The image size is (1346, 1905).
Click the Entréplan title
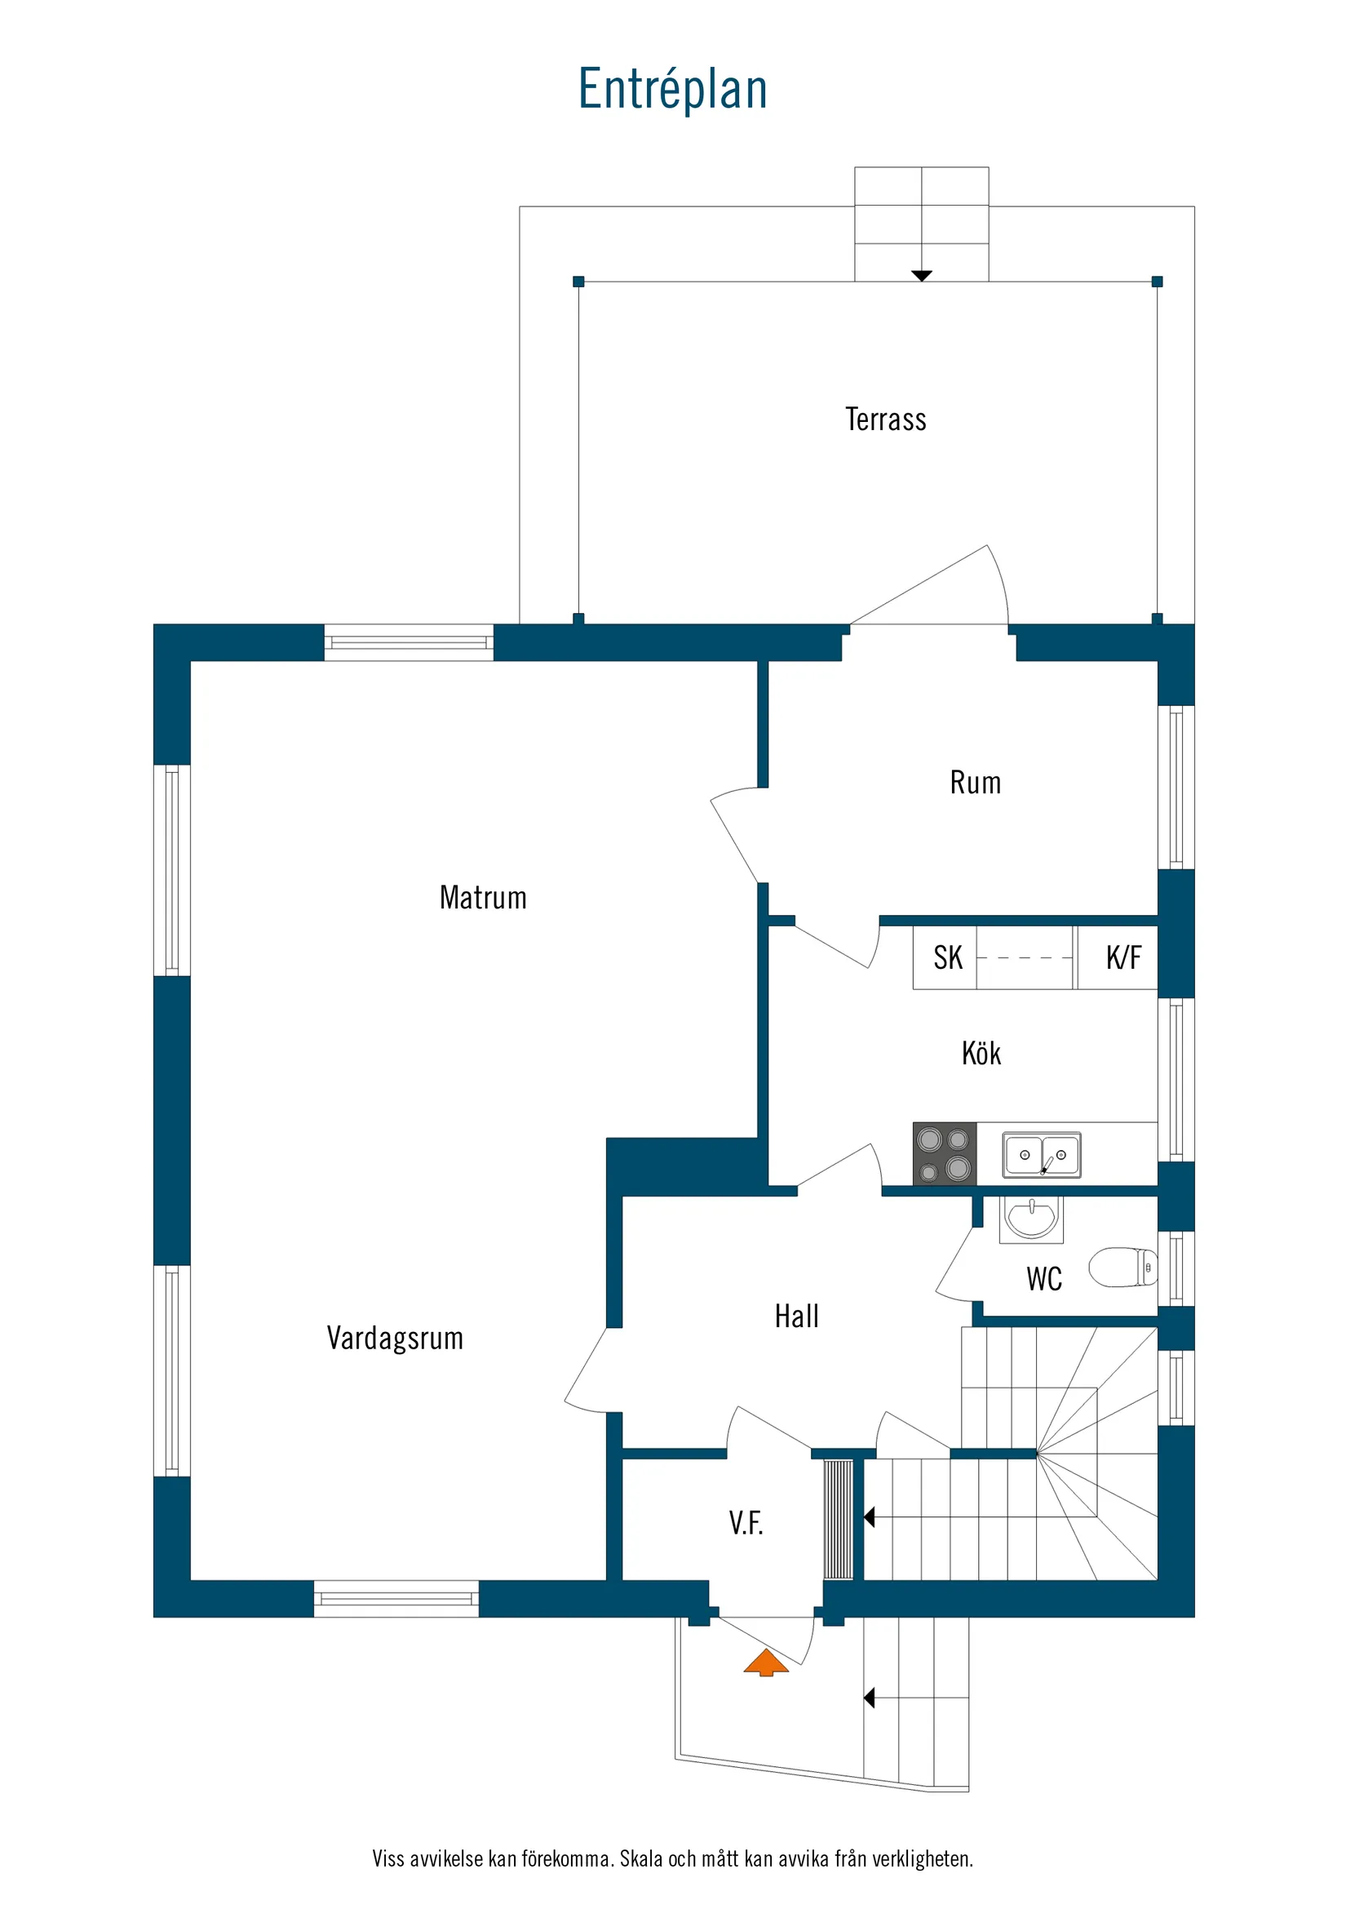pyautogui.click(x=672, y=89)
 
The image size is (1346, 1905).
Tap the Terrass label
pyautogui.click(x=886, y=420)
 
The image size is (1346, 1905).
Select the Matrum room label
pyautogui.click(x=483, y=898)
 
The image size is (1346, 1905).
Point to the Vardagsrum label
pyautogui.click(x=395, y=1339)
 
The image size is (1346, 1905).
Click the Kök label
pyautogui.click(x=981, y=1054)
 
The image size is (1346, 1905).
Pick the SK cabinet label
pyautogui.click(x=948, y=957)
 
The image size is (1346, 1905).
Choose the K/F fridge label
pyautogui.click(x=1123, y=957)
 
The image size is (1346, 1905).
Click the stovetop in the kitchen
pyautogui.click(x=945, y=1153)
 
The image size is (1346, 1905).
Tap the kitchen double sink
pyautogui.click(x=1042, y=1154)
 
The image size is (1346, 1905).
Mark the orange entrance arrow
pyautogui.click(x=766, y=1663)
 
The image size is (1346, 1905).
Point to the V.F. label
pyautogui.click(x=746, y=1523)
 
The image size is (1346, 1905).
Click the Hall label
pyautogui.click(x=796, y=1317)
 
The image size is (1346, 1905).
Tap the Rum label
pyautogui.click(x=976, y=784)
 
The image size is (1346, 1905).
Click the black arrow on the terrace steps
pyautogui.click(x=921, y=275)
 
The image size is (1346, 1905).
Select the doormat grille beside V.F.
pyautogui.click(x=839, y=1519)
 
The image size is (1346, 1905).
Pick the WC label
pyautogui.click(x=1044, y=1280)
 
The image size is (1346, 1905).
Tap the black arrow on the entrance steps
pyautogui.click(x=869, y=1699)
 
